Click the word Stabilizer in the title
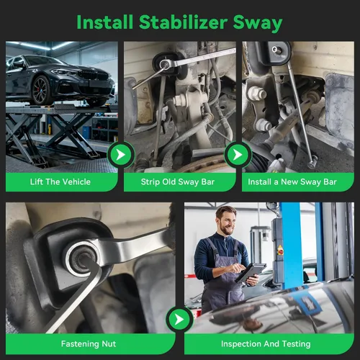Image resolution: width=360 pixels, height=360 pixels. pos(183,22)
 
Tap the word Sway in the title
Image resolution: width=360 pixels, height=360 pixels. pos(258,24)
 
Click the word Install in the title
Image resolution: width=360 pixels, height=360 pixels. pos(105,22)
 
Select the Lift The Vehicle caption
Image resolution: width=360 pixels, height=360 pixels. pos(60,181)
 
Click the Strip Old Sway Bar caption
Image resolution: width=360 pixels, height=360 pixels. pos(178,182)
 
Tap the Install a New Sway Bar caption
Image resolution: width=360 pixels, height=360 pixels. pos(292,182)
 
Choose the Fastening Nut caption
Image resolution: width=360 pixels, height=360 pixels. pos(89,343)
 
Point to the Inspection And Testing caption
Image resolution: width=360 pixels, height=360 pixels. pos(266,344)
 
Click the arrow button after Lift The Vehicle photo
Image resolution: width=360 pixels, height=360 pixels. pos(121,155)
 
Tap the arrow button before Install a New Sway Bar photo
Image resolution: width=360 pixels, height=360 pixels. pos(238,155)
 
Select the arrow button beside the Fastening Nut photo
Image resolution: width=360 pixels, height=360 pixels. pos(179,320)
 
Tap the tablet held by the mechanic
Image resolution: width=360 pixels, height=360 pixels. pos(251,272)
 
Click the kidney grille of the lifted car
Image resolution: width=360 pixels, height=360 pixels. pos(94,75)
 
